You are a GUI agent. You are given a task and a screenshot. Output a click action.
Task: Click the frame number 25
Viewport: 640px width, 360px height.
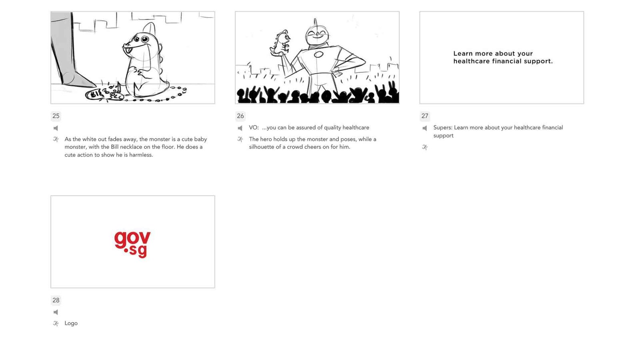pyautogui.click(x=56, y=116)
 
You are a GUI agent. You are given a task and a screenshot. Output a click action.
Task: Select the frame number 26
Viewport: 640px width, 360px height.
pyautogui.click(x=240, y=116)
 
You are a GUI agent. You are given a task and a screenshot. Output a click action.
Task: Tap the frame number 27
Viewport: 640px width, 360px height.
pyautogui.click(x=425, y=116)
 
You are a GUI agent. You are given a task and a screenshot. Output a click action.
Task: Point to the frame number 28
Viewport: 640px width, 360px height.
pyautogui.click(x=56, y=300)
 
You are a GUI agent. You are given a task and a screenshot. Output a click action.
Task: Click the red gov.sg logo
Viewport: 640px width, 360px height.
pyautogui.click(x=132, y=244)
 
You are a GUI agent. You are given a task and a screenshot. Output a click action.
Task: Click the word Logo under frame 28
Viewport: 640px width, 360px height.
pyautogui.click(x=71, y=323)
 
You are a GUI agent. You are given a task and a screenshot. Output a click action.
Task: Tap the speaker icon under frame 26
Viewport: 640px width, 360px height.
pyautogui.click(x=240, y=128)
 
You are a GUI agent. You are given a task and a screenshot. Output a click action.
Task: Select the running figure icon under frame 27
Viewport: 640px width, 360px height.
pyautogui.click(x=425, y=148)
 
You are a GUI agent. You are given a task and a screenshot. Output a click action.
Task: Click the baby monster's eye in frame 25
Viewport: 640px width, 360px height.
pyautogui.click(x=145, y=39)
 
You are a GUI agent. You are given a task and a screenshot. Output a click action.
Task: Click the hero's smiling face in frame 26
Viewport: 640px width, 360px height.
pyautogui.click(x=317, y=34)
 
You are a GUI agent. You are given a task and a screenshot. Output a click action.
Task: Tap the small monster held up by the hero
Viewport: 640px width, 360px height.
pyautogui.click(x=280, y=43)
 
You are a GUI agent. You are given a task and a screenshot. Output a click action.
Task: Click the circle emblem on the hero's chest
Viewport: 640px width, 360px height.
pyautogui.click(x=318, y=54)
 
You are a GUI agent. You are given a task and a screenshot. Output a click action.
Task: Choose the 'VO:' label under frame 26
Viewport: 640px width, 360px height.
pyautogui.click(x=254, y=128)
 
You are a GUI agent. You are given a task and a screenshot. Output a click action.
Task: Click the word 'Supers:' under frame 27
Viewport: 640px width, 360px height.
pyautogui.click(x=443, y=128)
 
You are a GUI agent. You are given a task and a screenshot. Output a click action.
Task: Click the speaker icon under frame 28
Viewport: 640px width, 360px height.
pyautogui.click(x=56, y=312)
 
